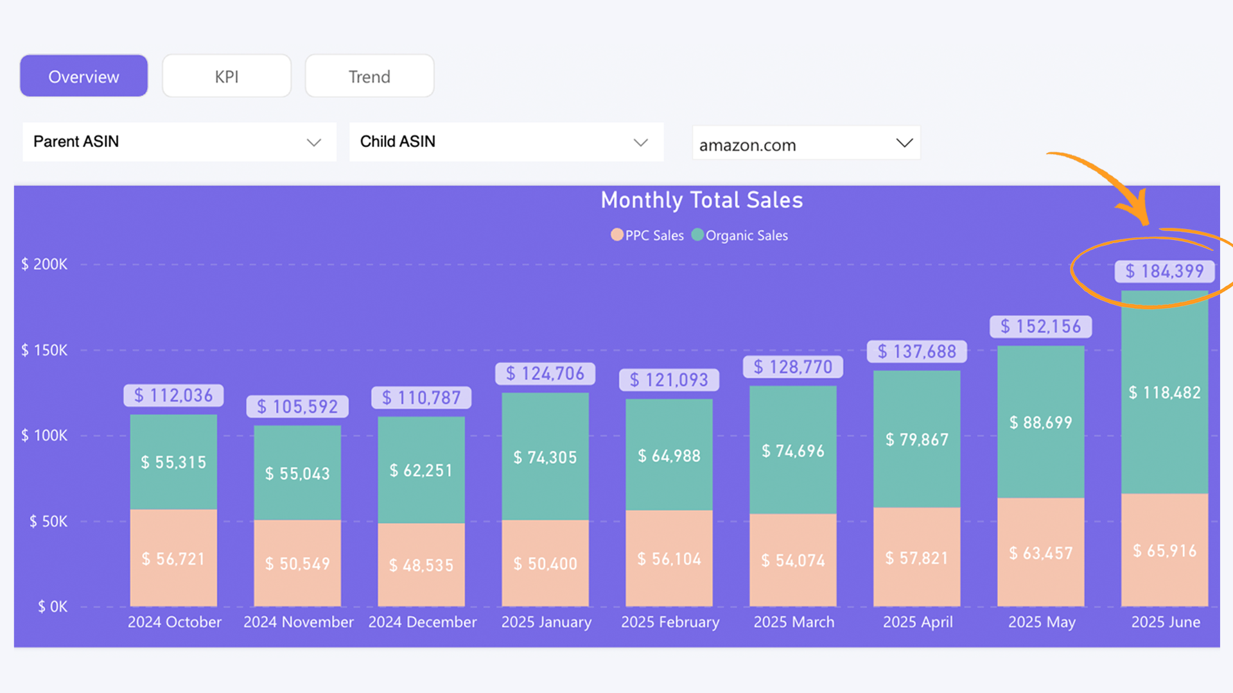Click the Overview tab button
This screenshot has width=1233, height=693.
83,76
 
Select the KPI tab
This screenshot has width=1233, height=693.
226,76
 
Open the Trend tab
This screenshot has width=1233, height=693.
369,76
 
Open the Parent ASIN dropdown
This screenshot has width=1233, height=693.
179,142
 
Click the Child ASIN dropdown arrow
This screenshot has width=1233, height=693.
640,142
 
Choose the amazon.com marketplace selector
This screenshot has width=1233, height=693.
806,144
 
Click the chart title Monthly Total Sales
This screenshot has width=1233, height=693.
701,200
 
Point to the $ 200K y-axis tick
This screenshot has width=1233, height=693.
44,264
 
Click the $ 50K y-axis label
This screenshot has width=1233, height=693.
48,522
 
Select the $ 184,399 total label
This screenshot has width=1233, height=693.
1164,271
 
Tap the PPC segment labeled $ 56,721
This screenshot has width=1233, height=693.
173,559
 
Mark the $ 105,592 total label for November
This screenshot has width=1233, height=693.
298,407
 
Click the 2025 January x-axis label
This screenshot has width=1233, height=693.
546,622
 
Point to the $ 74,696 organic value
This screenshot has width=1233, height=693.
793,451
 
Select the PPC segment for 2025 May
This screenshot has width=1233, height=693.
1040,552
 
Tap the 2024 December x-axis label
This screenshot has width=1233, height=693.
422,622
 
